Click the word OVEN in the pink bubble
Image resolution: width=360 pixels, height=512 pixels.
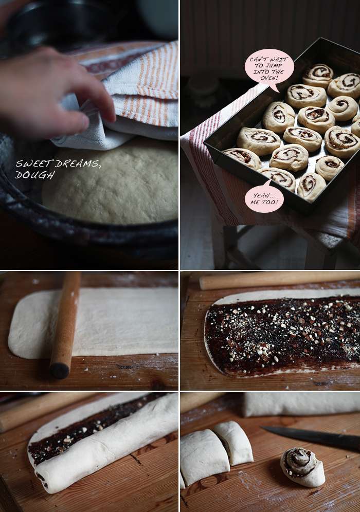tap(268, 78)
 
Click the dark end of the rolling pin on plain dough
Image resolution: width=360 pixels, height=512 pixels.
tap(60, 371)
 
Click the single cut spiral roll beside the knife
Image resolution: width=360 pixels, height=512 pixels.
tap(302, 467)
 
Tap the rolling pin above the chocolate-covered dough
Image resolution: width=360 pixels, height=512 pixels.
tap(279, 280)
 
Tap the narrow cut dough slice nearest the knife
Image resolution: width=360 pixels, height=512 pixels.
tap(233, 443)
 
